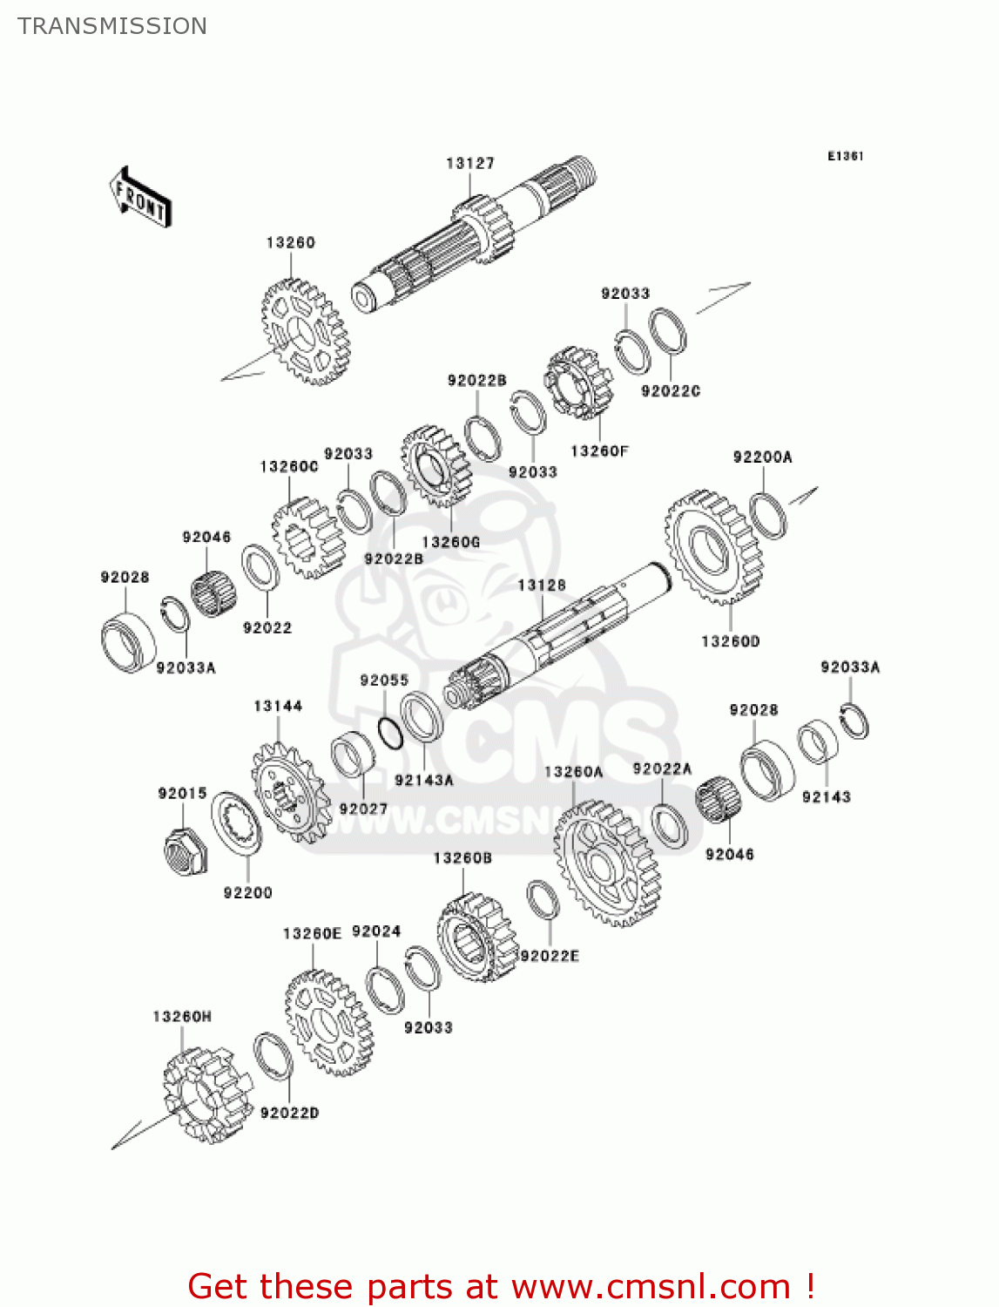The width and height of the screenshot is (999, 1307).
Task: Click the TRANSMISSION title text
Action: pyautogui.click(x=112, y=26)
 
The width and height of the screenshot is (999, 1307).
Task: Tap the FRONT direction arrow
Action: pyautogui.click(x=140, y=198)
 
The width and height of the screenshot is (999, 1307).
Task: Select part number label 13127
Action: pyautogui.click(x=470, y=163)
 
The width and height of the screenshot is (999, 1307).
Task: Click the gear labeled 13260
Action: pyautogui.click(x=306, y=332)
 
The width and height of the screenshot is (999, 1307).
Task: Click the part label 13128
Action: pyautogui.click(x=541, y=585)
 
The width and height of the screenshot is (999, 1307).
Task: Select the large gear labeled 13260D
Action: pyautogui.click(x=714, y=548)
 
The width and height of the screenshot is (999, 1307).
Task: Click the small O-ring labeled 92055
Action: pyautogui.click(x=389, y=733)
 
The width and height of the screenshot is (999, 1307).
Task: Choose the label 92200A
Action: pyautogui.click(x=762, y=457)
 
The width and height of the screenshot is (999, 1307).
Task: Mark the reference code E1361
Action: pyautogui.click(x=845, y=156)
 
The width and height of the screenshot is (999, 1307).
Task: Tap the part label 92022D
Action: pyautogui.click(x=289, y=1113)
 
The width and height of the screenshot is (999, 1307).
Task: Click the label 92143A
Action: pyautogui.click(x=424, y=780)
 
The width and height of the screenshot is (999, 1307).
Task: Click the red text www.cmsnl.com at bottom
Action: pyautogui.click(x=650, y=1286)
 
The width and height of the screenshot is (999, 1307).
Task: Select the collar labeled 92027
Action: pyautogui.click(x=351, y=756)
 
